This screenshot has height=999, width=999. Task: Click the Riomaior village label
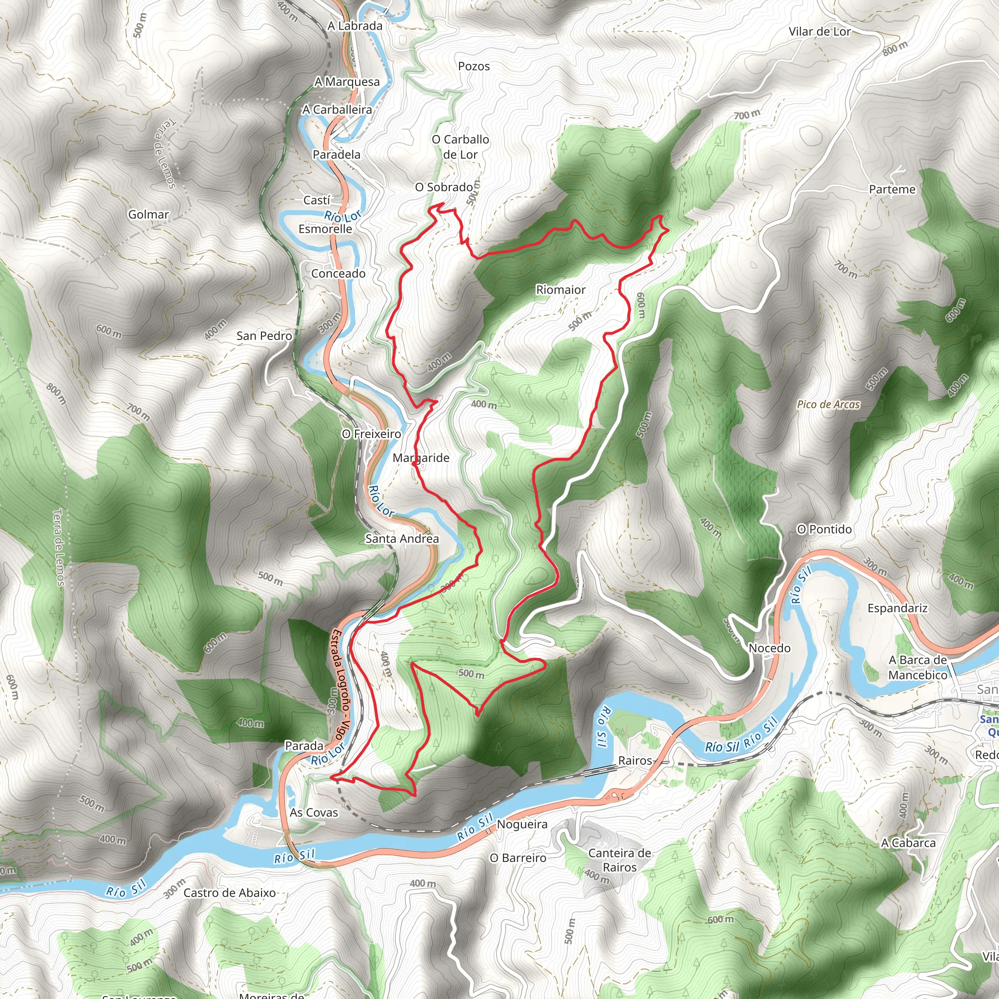(x=560, y=290)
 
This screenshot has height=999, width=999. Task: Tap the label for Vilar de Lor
(x=819, y=32)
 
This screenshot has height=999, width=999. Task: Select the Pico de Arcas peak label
(x=828, y=404)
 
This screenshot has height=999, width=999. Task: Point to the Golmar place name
(x=148, y=214)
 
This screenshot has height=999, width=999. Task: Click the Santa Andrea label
(x=402, y=539)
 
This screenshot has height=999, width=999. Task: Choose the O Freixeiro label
(x=371, y=434)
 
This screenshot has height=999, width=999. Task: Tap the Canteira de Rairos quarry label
(x=619, y=860)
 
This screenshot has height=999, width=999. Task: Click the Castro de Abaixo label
(x=230, y=893)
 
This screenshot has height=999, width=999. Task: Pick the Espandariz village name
(x=898, y=608)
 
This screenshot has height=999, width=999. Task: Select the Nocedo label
(x=769, y=648)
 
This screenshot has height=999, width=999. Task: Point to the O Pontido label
(x=824, y=529)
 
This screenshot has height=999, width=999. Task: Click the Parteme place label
(x=892, y=189)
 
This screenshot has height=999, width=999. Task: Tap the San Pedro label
(x=264, y=336)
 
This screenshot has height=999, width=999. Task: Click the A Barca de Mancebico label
(x=918, y=667)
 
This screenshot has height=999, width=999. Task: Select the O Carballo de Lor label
(x=460, y=147)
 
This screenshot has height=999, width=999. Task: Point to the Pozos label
(x=474, y=66)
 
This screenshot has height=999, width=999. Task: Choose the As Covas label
(x=313, y=812)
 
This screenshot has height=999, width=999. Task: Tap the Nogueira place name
(x=522, y=824)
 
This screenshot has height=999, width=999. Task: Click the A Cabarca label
(x=908, y=843)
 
